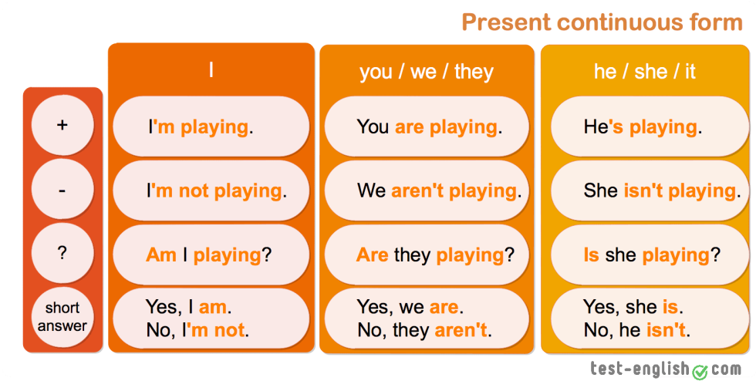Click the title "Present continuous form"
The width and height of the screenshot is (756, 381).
point(602,22)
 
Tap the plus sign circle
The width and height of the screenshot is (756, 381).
point(62,126)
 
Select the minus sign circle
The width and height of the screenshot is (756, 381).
point(62,190)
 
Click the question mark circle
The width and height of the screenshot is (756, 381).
point(62,253)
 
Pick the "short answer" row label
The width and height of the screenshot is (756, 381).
point(62,317)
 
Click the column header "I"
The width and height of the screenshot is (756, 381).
point(211,71)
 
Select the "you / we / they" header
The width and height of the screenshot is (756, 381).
point(427,72)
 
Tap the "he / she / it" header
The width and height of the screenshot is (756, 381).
point(645,72)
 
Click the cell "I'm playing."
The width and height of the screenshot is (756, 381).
point(211,126)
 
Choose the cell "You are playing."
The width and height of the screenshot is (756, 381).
point(427,126)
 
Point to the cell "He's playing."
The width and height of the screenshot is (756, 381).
point(650,126)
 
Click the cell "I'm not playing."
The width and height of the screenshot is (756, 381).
point(211,190)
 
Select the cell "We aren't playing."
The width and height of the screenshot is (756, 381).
point(427,190)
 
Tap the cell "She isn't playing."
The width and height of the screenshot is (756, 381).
point(650,190)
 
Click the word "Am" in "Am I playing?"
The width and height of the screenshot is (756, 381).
point(161,255)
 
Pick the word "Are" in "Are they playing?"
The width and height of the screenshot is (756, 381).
point(372,255)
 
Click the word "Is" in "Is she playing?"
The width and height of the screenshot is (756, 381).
point(591,255)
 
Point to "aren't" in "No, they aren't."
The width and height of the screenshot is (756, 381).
point(461,330)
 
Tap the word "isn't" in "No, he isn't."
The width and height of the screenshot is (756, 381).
point(666,330)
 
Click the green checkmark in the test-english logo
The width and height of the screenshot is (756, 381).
point(700,372)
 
